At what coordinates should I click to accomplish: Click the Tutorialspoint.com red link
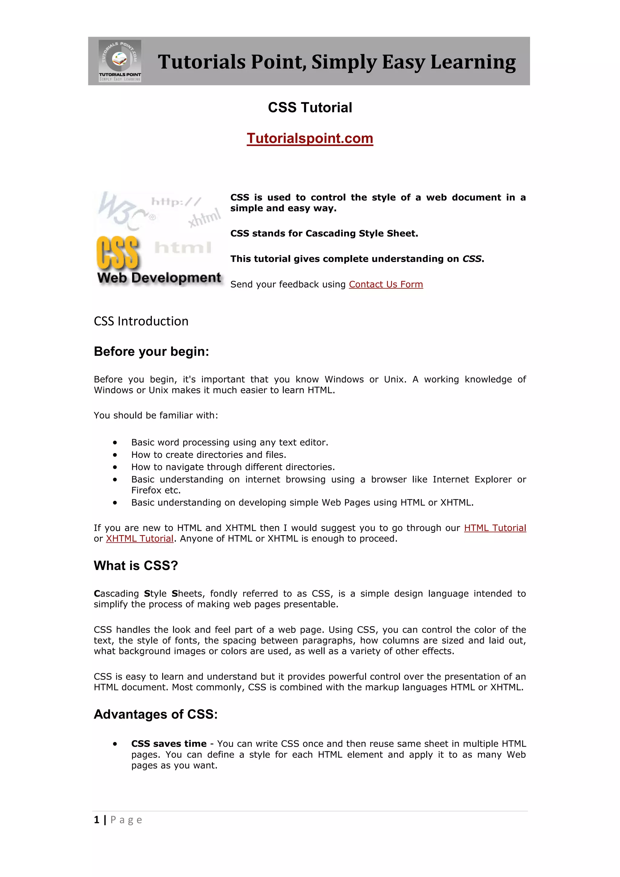pyautogui.click(x=310, y=138)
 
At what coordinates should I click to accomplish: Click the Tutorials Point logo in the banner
pyautogui.click(x=120, y=61)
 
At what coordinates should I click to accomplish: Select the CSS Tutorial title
pyautogui.click(x=310, y=108)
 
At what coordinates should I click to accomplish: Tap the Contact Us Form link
pyautogui.click(x=386, y=285)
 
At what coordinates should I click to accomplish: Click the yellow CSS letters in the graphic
pyautogui.click(x=117, y=253)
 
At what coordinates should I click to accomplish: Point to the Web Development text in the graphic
pyautogui.click(x=159, y=278)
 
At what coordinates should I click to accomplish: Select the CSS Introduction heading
pyautogui.click(x=141, y=321)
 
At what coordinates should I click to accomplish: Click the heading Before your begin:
pyautogui.click(x=151, y=351)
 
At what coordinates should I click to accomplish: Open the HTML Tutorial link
pyautogui.click(x=495, y=528)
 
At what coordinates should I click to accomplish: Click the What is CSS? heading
pyautogui.click(x=136, y=566)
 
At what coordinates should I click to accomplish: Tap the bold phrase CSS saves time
pyautogui.click(x=169, y=744)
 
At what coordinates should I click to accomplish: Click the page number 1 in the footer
pyautogui.click(x=97, y=820)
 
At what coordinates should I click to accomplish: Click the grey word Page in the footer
pyautogui.click(x=126, y=820)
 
